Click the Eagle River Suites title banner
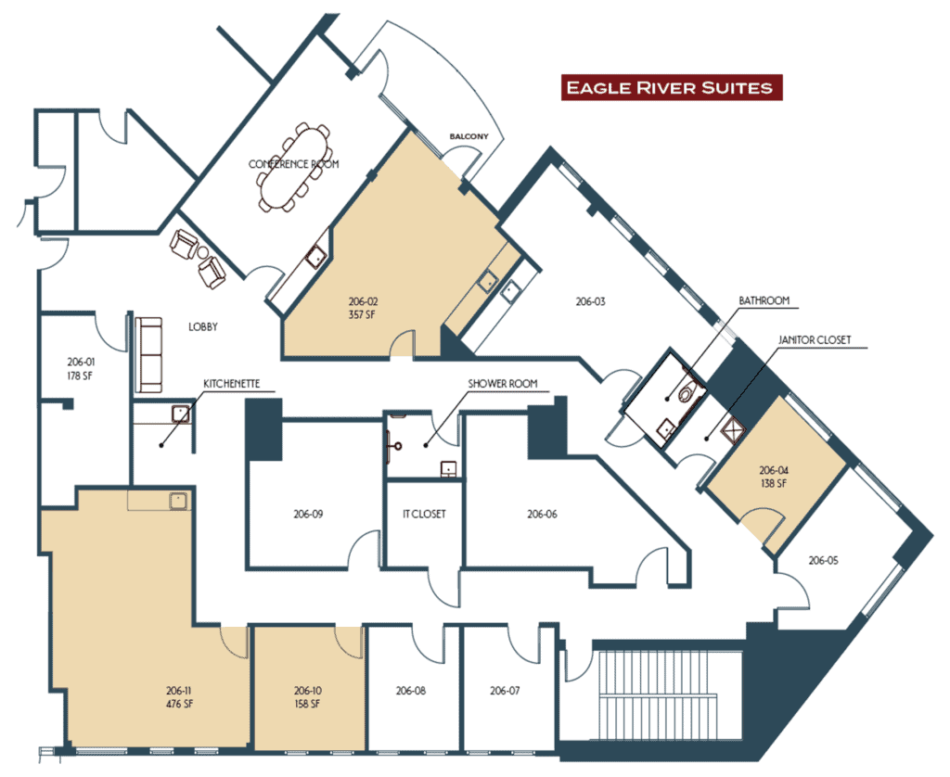(x=672, y=88)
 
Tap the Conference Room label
(x=294, y=164)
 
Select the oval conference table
(x=294, y=167)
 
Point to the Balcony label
(x=469, y=136)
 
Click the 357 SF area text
(x=362, y=314)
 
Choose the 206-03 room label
(x=590, y=301)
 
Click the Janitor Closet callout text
(x=815, y=340)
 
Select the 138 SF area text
(x=774, y=483)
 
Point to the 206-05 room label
(x=824, y=561)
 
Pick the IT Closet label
(x=424, y=515)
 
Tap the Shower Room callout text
(x=502, y=383)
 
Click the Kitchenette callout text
(x=231, y=384)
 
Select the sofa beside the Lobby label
(x=148, y=354)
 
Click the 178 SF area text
(x=81, y=376)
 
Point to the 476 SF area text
(x=179, y=704)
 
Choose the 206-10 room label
(x=308, y=691)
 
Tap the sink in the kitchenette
(x=181, y=414)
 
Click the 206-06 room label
(x=542, y=515)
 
